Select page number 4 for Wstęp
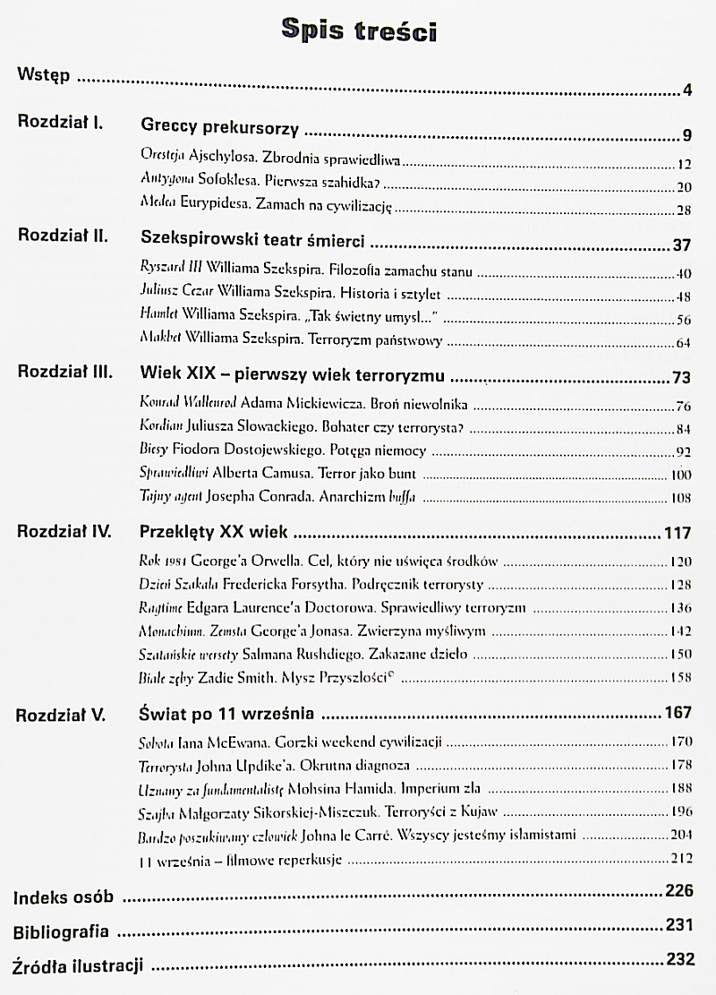click(686, 90)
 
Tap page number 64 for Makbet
click(684, 341)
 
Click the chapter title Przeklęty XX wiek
click(214, 532)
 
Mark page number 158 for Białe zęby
click(682, 676)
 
